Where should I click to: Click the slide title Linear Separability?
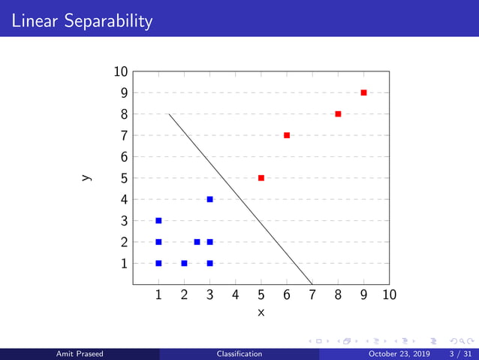82,21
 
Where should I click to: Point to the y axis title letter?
86,178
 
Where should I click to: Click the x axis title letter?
261,312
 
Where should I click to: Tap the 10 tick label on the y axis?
120,72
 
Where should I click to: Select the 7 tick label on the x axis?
312,295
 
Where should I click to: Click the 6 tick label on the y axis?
123,157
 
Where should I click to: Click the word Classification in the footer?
239,353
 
